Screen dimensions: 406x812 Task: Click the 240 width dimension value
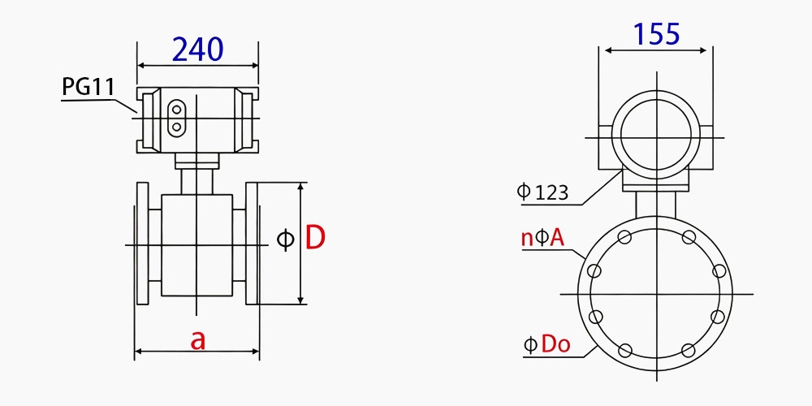click(197, 50)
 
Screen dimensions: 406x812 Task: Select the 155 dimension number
click(656, 34)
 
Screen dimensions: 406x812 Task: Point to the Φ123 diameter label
click(542, 192)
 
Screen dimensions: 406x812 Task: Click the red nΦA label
click(542, 238)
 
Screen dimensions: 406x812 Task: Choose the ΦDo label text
click(546, 344)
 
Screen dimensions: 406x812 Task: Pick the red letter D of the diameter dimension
click(315, 238)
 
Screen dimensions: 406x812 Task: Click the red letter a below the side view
click(197, 339)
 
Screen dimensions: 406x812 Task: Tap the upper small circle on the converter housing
click(175, 110)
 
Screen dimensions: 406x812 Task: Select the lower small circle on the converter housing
click(175, 127)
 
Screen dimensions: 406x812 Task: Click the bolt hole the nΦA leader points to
click(595, 270)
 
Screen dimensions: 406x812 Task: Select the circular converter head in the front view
click(655, 133)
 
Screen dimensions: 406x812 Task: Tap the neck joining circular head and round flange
click(655, 203)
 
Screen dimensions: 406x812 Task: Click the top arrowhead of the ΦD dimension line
click(301, 188)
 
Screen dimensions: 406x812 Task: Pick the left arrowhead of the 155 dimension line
click(603, 50)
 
